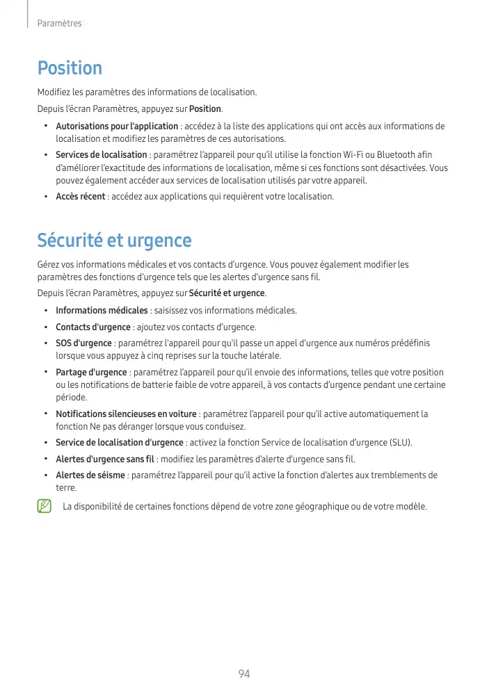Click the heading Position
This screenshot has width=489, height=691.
pyautogui.click(x=70, y=68)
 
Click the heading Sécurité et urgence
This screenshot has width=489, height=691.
pyautogui.click(x=114, y=241)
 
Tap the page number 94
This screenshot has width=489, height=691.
pyautogui.click(x=243, y=674)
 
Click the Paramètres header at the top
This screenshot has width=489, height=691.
pyautogui.click(x=59, y=24)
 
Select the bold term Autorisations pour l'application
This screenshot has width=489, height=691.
pyautogui.click(x=117, y=127)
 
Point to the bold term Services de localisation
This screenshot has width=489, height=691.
pyautogui.click(x=102, y=154)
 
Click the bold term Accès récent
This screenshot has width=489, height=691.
pyautogui.click(x=81, y=197)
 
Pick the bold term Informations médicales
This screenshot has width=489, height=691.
pyautogui.click(x=102, y=310)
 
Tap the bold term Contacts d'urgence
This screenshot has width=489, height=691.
pyautogui.click(x=93, y=327)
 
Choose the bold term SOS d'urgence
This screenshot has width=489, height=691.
pyautogui.click(x=83, y=343)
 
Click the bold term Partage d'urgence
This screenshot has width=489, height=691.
pyautogui.click(x=91, y=372)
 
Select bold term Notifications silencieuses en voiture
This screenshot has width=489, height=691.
pyautogui.click(x=126, y=414)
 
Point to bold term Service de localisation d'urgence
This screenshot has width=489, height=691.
pyautogui.click(x=120, y=443)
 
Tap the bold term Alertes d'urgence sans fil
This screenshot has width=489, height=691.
pyautogui.click(x=106, y=460)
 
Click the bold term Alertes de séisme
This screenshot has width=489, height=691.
pyautogui.click(x=90, y=475)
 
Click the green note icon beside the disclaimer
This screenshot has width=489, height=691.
pyautogui.click(x=45, y=507)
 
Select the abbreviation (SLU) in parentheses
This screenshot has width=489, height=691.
pyautogui.click(x=400, y=443)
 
